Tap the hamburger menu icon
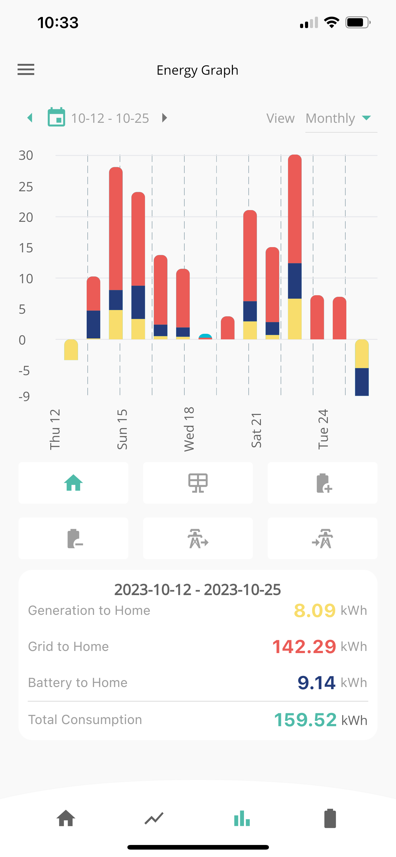pos(26,69)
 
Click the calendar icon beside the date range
pos(56,117)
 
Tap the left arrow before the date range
pos(30,118)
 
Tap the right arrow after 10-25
pos(164,118)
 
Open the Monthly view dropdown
pos(341,118)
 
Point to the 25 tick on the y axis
pos(26,187)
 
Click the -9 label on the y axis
pos(24,396)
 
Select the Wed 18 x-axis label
pos(189,429)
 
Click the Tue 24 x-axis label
pos(323,429)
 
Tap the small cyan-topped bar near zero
pos(205,336)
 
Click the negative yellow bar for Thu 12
pos(71,350)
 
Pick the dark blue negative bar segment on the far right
pos(362,382)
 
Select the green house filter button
pos(73,483)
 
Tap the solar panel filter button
pos(198,483)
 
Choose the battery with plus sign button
pos(323,483)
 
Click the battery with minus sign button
pos(73,538)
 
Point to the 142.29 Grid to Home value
pos(304,646)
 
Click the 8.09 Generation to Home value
pos(315,611)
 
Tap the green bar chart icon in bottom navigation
pos(242,818)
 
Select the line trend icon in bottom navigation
pos(154,818)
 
